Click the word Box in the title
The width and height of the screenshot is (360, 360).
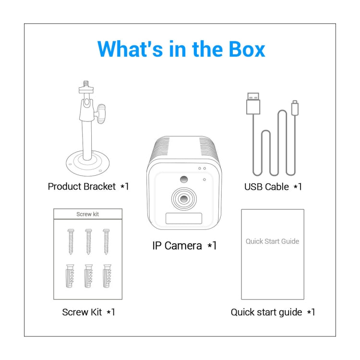click(242, 49)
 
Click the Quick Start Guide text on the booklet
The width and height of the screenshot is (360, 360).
click(272, 241)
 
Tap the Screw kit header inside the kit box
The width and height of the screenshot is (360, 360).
click(88, 214)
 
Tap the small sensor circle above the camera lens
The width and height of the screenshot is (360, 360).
click(183, 180)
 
